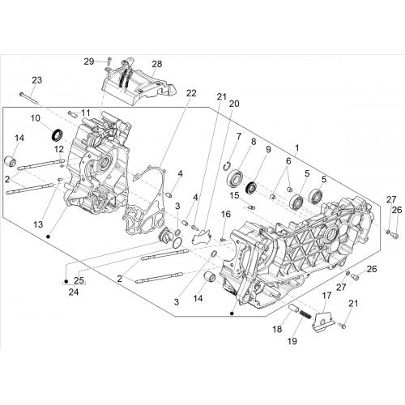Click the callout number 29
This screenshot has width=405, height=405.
point(89,62)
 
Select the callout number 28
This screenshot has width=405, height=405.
point(157,64)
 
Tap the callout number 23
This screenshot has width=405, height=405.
point(37,80)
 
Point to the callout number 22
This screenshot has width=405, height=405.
point(191,93)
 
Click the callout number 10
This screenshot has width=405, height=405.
point(36,118)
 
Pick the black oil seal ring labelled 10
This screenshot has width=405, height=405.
point(58,135)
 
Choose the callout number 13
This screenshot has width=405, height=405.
point(38,224)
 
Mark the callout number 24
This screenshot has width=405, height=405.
point(74,292)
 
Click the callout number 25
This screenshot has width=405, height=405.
point(79,280)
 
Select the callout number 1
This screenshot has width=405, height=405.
point(297,148)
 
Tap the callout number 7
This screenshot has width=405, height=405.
point(239,136)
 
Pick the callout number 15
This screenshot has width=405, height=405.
point(234,195)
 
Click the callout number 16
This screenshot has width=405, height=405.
point(226,214)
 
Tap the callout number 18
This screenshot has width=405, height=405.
point(277,329)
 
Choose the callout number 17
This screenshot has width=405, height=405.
point(326,296)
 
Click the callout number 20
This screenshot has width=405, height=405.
point(234,104)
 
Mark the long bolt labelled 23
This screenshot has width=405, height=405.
point(28,98)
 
